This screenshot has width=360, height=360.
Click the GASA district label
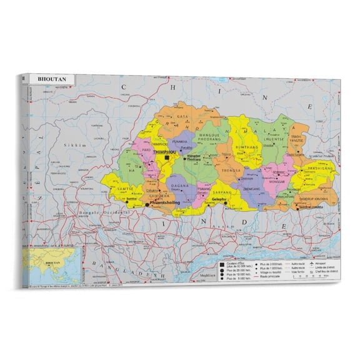pos(182,117)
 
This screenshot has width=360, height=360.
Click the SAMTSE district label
pos(123,189)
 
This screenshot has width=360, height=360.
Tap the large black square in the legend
pos(222,264)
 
